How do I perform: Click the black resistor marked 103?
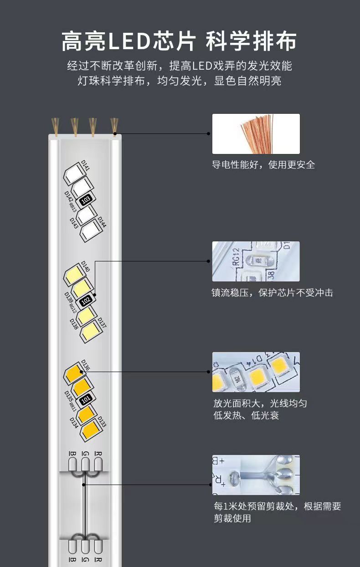coord(86,199)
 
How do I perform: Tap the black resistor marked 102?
coord(86,301)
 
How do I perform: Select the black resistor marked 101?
coord(86,400)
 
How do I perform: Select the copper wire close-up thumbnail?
coord(256,134)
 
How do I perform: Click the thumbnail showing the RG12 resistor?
coord(256,261)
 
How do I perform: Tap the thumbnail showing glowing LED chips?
coord(256,372)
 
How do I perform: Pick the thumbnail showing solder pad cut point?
coord(256,475)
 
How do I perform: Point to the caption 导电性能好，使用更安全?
coord(263,165)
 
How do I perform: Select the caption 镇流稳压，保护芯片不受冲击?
coord(273,293)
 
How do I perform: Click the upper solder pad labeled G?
coord(85,464)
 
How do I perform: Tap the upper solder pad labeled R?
coord(98,464)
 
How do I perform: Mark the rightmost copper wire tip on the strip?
coord(114,126)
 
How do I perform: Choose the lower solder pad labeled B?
coord(73,547)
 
